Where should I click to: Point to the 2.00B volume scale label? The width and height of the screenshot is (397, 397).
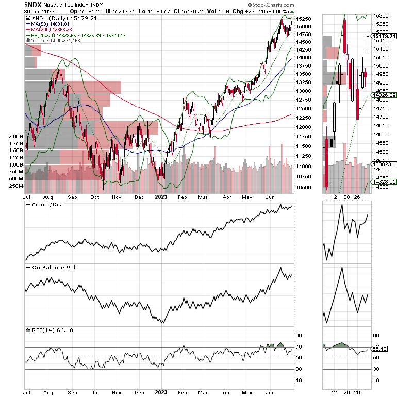(16, 137)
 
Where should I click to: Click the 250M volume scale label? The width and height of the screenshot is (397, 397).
(16, 186)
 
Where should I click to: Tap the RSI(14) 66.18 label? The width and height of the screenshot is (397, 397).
(44, 329)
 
